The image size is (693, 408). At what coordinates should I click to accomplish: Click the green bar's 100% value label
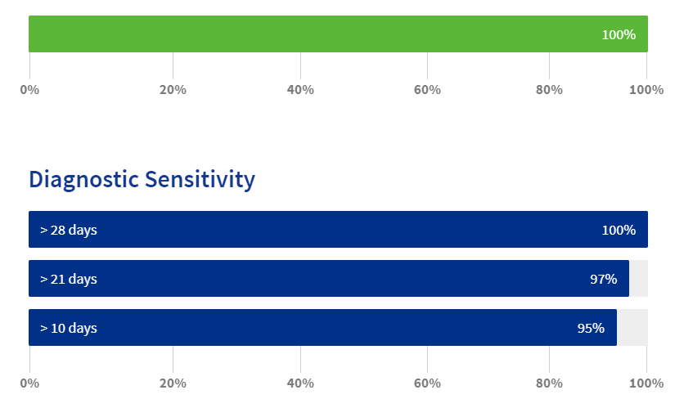[x=619, y=34]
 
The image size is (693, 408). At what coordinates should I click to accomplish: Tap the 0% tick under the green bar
[x=29, y=90]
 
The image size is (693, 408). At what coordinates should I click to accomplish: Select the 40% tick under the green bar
[x=300, y=90]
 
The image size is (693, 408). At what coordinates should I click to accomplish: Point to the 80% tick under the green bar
[x=549, y=90]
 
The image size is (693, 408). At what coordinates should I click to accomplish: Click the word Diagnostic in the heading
[x=84, y=180]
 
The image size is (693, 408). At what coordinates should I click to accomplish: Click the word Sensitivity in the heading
[x=200, y=180]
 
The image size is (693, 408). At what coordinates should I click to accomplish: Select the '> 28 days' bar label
[x=69, y=230]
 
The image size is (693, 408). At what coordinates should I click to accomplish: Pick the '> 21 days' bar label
[x=69, y=279]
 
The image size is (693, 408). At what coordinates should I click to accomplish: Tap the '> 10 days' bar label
[x=69, y=328]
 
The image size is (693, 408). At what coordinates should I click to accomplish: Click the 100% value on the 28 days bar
[x=619, y=230]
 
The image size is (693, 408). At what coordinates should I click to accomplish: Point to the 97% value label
[x=603, y=279]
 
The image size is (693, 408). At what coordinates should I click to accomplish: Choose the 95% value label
[x=591, y=328]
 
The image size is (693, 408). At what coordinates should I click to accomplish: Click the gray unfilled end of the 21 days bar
[x=638, y=278]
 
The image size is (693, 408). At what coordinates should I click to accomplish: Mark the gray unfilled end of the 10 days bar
[x=632, y=327]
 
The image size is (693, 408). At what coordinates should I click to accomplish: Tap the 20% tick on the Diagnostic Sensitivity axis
[x=173, y=383]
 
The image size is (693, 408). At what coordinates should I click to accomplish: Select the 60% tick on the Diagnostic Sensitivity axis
[x=427, y=383]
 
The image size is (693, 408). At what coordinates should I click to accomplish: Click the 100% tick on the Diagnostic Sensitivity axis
[x=646, y=383]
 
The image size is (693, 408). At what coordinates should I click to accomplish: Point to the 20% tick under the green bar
[x=173, y=90]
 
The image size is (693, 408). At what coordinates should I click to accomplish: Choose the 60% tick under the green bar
[x=427, y=90]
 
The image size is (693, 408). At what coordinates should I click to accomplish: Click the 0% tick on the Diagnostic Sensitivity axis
[x=29, y=383]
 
